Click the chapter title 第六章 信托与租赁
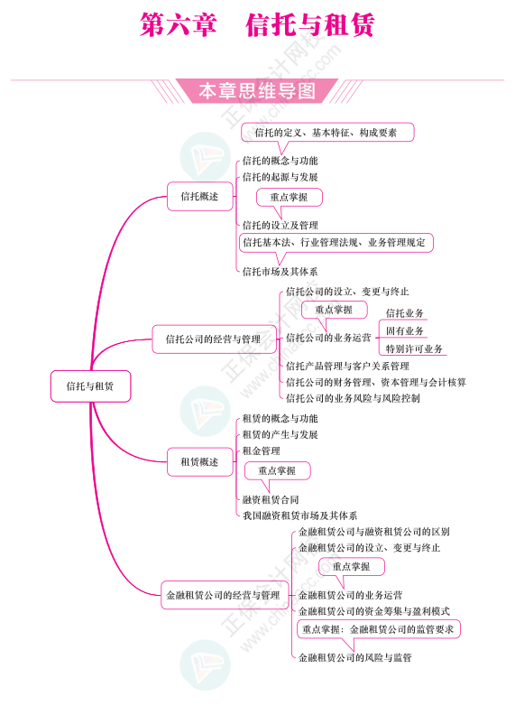(257, 24)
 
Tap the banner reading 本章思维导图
(257, 91)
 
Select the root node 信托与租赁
(90, 386)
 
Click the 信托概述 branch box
(199, 196)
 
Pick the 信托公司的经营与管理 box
(213, 339)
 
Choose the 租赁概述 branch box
(199, 462)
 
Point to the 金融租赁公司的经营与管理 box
(224, 595)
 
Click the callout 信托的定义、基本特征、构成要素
(327, 133)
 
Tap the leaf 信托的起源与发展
(280, 177)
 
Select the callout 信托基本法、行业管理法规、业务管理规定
(336, 243)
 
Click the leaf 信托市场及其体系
(280, 272)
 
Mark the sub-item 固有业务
(405, 331)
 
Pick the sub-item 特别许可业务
(414, 349)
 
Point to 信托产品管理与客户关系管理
(347, 366)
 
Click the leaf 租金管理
(262, 451)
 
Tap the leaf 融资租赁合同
(271, 499)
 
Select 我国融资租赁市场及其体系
(300, 516)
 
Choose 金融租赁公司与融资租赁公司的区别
(374, 532)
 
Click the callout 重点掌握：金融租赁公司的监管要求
(378, 629)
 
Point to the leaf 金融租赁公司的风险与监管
(354, 657)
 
